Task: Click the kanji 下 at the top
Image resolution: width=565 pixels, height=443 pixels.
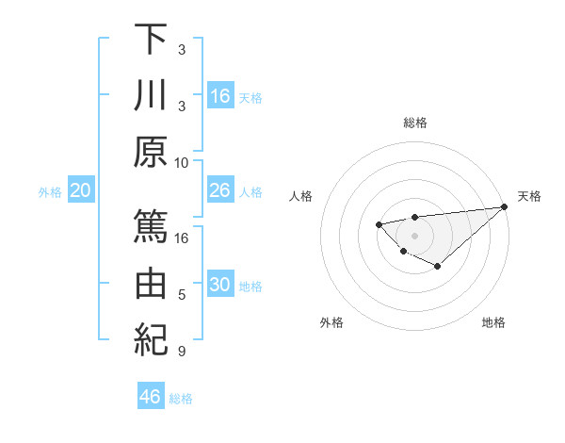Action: [x=151, y=40]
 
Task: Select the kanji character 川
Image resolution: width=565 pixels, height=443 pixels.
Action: [x=151, y=97]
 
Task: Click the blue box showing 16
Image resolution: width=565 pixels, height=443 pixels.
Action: [x=220, y=96]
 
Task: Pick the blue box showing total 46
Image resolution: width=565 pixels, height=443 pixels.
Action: [x=151, y=397]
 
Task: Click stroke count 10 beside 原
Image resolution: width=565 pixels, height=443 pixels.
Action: [x=182, y=162]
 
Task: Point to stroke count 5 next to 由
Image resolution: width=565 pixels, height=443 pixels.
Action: [x=182, y=295]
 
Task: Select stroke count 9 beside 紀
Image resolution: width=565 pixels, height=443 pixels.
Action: [x=182, y=353]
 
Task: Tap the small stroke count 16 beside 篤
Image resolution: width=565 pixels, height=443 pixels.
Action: [x=182, y=238]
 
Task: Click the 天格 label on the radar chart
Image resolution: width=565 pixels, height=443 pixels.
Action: [x=529, y=196]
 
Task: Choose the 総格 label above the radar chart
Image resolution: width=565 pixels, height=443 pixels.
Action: [x=414, y=123]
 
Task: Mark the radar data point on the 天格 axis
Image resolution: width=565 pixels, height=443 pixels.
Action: [x=505, y=206]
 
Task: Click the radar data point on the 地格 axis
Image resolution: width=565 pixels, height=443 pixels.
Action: [x=438, y=267]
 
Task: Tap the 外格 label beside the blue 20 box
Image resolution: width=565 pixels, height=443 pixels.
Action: [x=50, y=192]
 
